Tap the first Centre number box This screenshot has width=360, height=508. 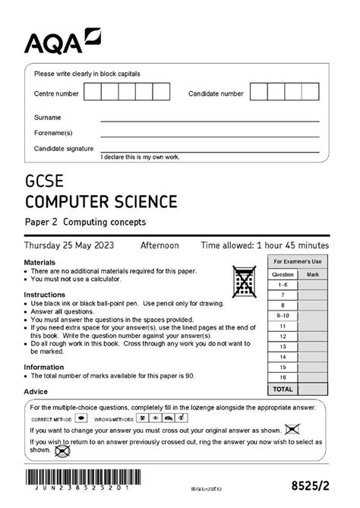point(92,93)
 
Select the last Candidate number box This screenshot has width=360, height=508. point(310,93)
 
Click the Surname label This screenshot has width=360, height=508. point(47,118)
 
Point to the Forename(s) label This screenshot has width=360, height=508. point(53,133)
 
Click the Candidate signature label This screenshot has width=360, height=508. point(64,148)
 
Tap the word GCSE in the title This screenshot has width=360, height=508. point(44,183)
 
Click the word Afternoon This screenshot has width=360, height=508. point(159,245)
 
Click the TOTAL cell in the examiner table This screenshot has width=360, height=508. point(283,389)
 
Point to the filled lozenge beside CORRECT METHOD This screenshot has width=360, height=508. point(82,418)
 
